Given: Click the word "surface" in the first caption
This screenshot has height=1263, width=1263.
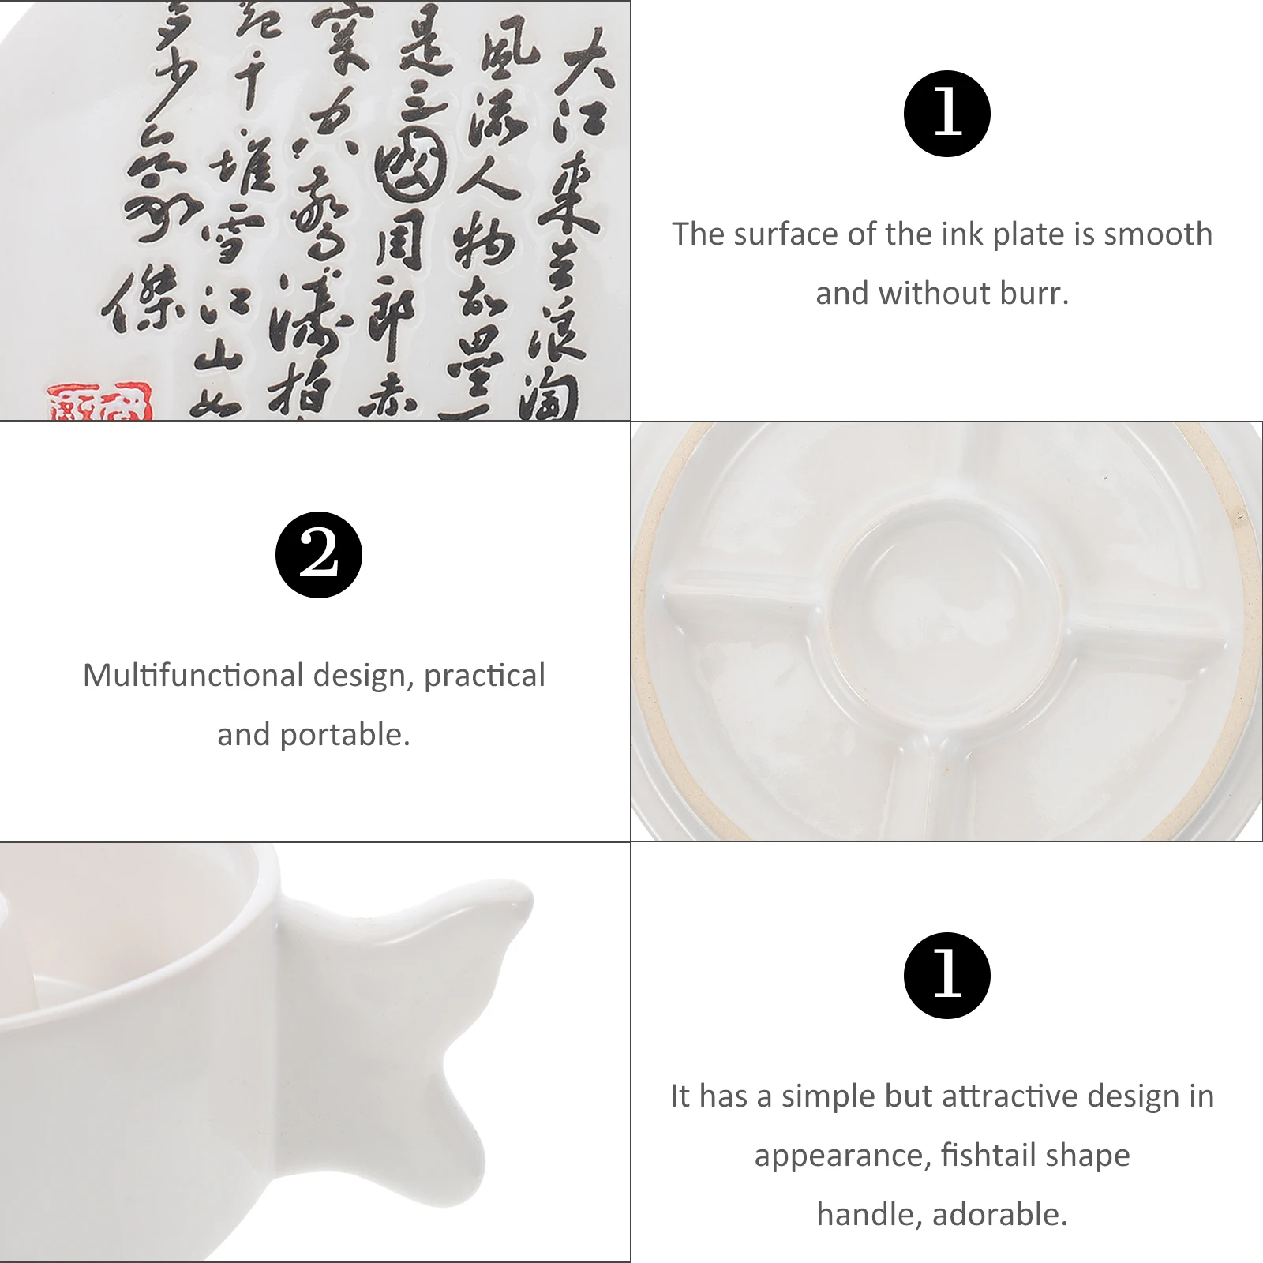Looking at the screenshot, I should click(782, 234).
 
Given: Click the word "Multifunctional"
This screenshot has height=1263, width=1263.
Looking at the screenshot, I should click(193, 676).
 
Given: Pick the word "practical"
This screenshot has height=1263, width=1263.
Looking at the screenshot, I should click(484, 676).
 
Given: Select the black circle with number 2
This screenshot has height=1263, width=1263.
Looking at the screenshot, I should click(319, 555).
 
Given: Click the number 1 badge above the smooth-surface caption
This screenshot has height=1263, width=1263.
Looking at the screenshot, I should click(946, 114).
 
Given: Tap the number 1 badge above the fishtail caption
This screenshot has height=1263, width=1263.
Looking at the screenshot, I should click(946, 976).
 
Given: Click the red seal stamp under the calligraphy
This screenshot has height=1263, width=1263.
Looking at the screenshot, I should click(99, 403).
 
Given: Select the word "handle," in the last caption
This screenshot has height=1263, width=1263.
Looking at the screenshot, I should click(868, 1215).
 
